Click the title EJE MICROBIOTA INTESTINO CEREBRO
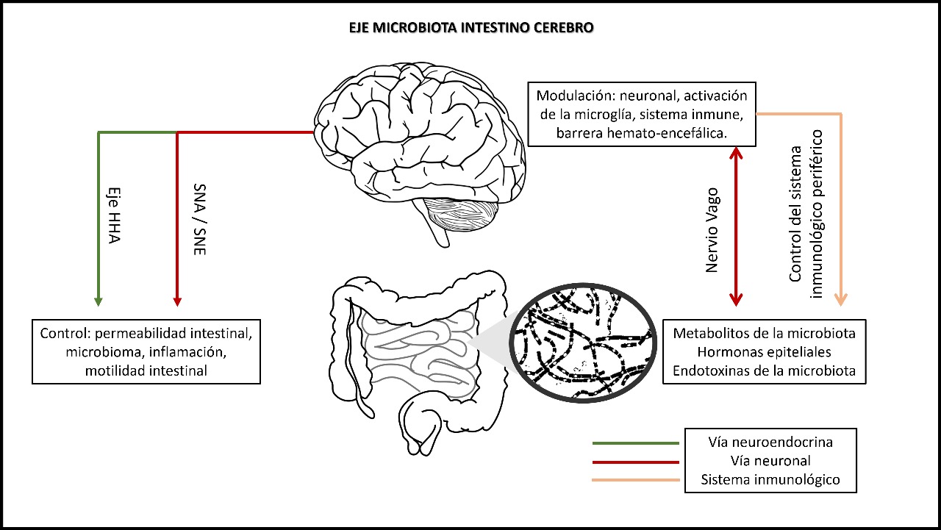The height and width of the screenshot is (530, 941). pos(471,28)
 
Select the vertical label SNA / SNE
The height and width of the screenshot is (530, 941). pos(198,219)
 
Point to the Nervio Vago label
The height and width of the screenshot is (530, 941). pos(712,229)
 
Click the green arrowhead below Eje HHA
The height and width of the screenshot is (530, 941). pos(99,301)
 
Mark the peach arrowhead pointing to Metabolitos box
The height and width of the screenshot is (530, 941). pos(841,300)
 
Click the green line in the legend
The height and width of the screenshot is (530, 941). pos(635,443)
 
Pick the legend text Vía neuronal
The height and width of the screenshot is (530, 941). pos(770,461)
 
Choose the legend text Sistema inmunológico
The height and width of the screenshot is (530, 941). pos(770,481)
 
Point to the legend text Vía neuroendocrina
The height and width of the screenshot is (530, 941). pos(770,442)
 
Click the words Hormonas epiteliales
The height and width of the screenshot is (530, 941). pos(765,352)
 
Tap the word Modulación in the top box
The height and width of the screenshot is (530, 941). pos(574,96)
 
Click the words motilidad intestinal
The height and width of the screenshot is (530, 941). pos(146,370)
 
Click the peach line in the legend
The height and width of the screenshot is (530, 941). pos(635,481)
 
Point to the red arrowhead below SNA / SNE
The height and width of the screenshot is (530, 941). pos(176,301)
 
